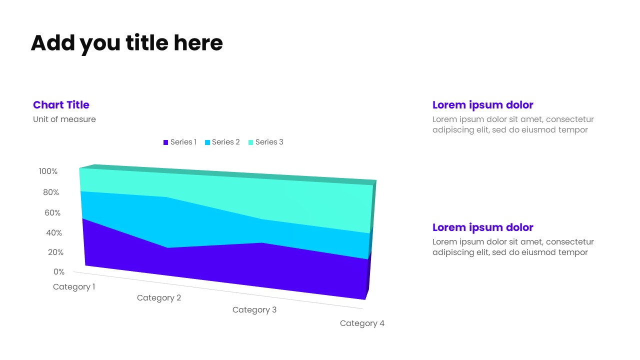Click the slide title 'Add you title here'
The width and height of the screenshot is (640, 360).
click(126, 43)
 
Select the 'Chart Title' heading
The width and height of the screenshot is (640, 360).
click(61, 105)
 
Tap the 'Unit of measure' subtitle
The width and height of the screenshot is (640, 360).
click(64, 119)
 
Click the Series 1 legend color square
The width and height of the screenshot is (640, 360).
click(166, 142)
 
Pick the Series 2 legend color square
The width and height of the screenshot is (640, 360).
click(207, 142)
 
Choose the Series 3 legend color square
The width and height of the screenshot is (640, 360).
click(251, 142)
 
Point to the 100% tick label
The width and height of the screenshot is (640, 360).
click(48, 171)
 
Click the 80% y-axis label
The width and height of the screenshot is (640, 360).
click(51, 192)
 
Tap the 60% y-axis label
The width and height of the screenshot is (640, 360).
click(52, 213)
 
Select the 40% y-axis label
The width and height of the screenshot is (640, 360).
click(54, 233)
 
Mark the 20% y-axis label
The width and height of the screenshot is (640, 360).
click(55, 252)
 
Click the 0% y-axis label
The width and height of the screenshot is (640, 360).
click(59, 272)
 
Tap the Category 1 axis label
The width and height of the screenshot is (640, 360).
click(74, 287)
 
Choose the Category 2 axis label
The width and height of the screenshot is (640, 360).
click(159, 298)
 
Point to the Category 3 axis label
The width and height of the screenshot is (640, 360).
click(254, 310)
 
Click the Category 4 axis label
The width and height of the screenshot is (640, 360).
click(362, 323)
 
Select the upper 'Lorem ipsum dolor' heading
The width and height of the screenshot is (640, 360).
click(482, 105)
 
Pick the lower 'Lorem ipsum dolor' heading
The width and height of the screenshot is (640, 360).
click(482, 227)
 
